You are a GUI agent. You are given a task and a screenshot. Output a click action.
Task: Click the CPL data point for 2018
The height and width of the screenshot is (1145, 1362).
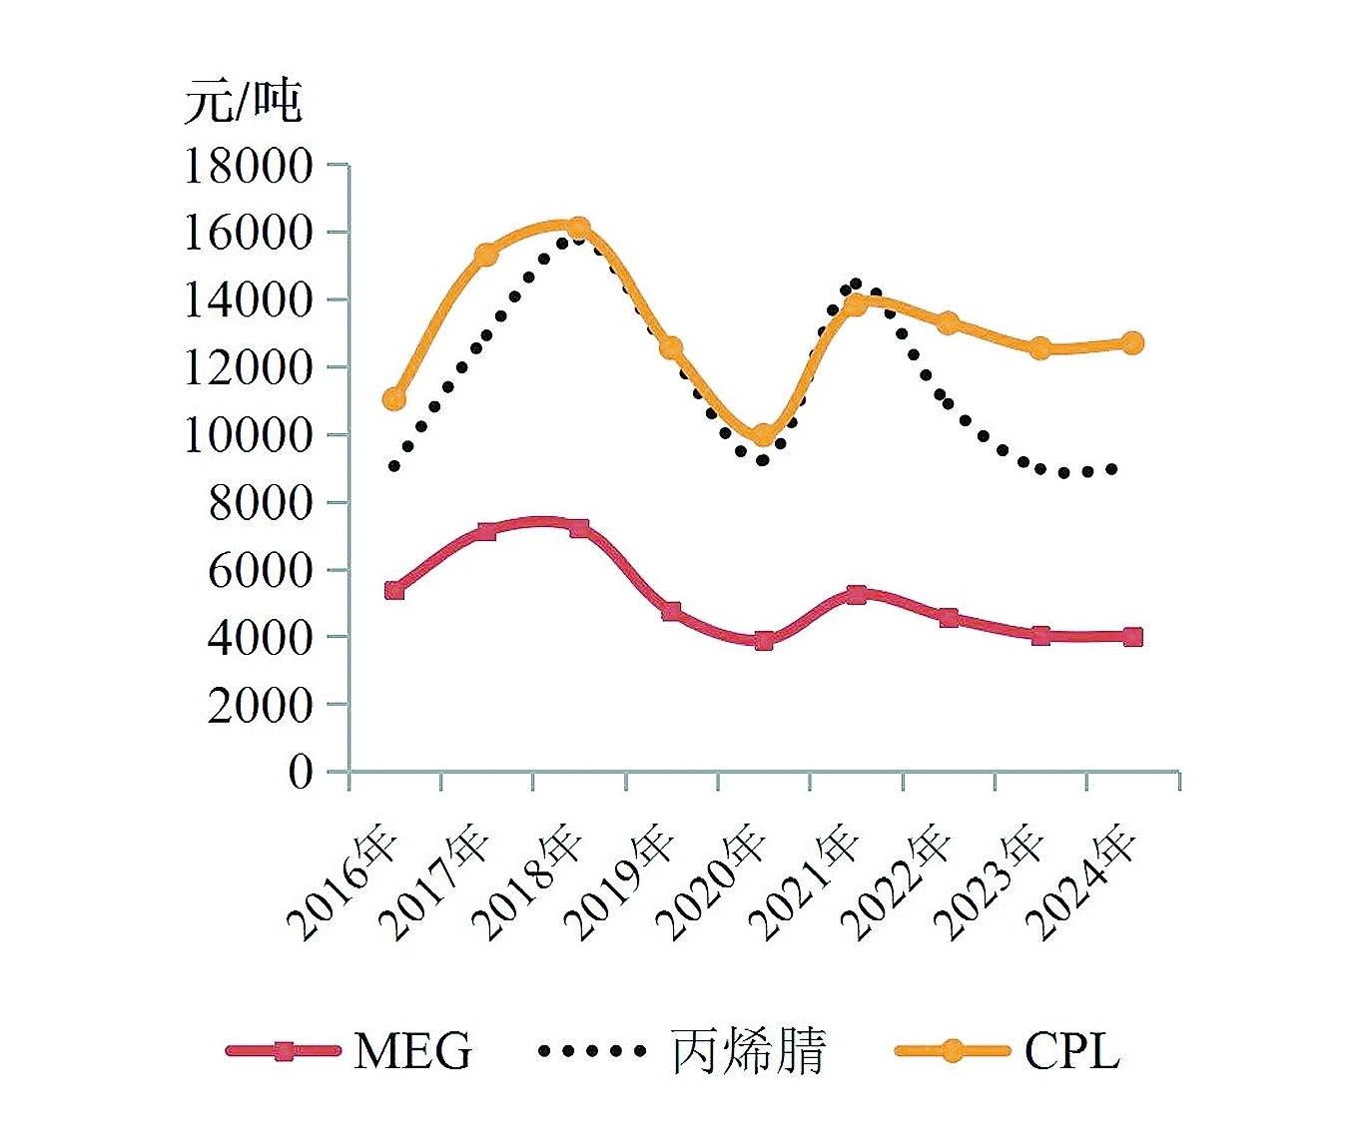(578, 229)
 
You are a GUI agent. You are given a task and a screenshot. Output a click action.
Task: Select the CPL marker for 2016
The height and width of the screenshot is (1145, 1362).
(394, 399)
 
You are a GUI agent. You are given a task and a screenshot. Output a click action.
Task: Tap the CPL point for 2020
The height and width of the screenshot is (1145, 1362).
(764, 435)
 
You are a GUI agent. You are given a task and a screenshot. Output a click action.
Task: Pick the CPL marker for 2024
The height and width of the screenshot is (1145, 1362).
(1132, 342)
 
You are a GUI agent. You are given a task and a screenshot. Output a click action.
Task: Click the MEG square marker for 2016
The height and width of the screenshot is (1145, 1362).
(394, 590)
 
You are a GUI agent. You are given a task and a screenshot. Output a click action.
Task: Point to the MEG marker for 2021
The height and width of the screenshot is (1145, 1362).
(856, 594)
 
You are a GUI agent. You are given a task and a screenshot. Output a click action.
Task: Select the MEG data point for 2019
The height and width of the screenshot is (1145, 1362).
(671, 611)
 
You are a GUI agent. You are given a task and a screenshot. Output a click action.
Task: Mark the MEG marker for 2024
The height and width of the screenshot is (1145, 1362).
(1132, 637)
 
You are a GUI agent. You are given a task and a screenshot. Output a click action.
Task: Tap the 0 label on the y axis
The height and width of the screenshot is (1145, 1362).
(301, 772)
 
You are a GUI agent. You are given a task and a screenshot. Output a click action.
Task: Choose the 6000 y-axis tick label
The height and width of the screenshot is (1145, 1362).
(261, 570)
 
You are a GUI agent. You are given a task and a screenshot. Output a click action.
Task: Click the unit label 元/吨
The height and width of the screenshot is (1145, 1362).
(243, 102)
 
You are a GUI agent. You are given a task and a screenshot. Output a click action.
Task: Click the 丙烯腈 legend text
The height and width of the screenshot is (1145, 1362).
(748, 1051)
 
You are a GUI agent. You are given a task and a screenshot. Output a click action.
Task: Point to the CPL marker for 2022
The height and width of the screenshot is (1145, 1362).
(948, 322)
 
